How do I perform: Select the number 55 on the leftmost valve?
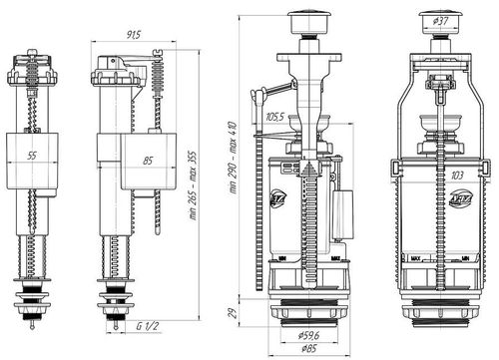(x=33, y=158)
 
